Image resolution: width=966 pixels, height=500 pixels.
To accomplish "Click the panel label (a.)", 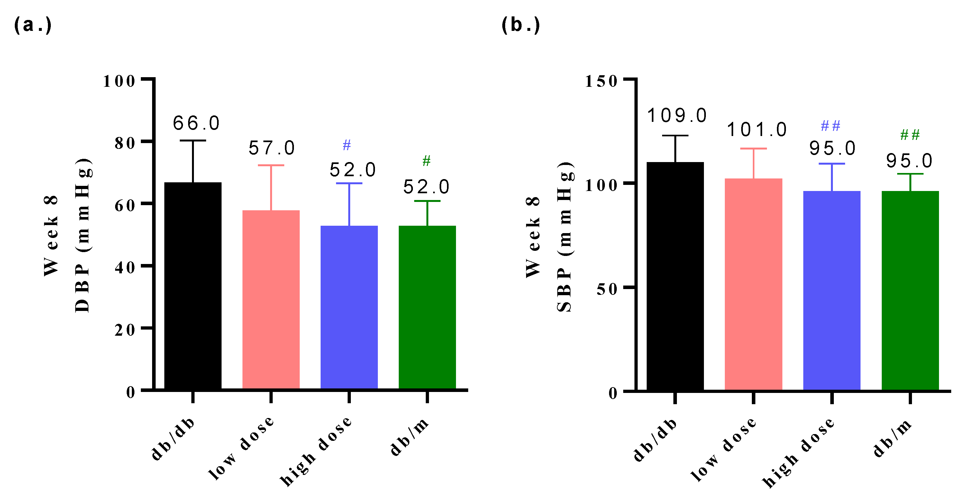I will pos(32,25).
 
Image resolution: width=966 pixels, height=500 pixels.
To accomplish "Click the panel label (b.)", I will pos(521,25).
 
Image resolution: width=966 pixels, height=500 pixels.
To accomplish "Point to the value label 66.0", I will pos(196,123).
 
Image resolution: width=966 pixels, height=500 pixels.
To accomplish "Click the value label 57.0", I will pos(271,148).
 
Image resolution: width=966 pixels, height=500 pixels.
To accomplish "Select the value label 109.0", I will pos(677,115).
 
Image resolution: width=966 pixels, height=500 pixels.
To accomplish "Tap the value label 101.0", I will pos(757,130).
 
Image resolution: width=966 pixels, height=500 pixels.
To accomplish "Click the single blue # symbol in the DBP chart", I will pos(347,145).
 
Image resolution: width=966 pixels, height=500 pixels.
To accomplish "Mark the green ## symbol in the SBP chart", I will pos(910,135).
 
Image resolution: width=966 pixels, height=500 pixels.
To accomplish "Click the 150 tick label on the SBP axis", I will pos(601,81).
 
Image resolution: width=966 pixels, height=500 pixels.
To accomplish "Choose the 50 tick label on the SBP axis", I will pos(607,289).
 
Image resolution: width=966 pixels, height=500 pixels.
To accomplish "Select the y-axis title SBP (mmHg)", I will pos(564,237).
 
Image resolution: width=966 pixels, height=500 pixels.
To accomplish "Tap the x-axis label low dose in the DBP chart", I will pos(241,448).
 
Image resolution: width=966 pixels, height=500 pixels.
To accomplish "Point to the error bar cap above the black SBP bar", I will pos(675,135).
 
